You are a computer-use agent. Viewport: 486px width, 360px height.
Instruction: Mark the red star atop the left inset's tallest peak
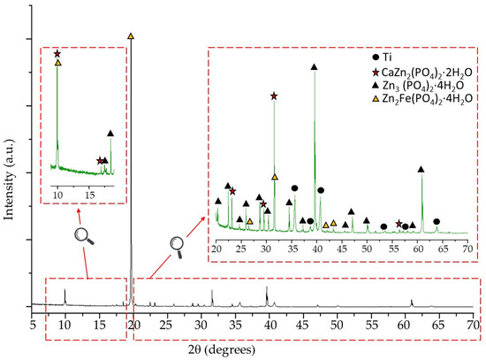pos(57,54)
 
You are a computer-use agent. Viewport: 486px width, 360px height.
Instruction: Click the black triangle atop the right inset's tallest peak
pos(315,67)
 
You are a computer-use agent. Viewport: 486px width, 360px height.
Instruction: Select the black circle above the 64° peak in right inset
pos(437,221)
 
